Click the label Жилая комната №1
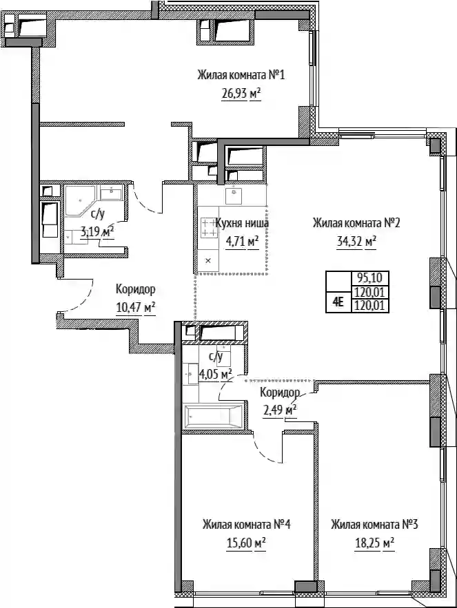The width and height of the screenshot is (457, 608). (x=241, y=74)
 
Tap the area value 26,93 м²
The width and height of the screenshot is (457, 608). (x=241, y=94)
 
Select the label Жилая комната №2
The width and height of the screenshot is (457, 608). (x=356, y=223)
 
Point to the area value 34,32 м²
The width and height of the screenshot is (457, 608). (x=356, y=242)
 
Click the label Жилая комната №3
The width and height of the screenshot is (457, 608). (x=374, y=525)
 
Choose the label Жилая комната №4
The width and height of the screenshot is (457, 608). (x=246, y=525)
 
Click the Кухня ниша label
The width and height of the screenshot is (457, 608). (x=242, y=223)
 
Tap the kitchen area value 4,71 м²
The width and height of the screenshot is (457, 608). (x=242, y=242)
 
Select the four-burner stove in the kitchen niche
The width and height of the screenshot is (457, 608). (x=209, y=228)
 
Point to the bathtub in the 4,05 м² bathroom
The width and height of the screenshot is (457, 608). (x=214, y=417)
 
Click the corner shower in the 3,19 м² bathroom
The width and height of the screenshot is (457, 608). (x=79, y=200)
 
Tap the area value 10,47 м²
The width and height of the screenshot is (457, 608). (x=136, y=308)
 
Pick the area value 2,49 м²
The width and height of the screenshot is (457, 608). (x=280, y=410)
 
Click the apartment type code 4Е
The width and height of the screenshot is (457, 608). (x=338, y=302)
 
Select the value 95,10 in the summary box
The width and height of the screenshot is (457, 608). (x=369, y=278)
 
